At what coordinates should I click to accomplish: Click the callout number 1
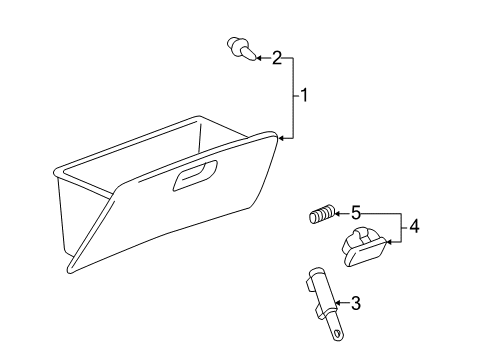pyautogui.click(x=306, y=96)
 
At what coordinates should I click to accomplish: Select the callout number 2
pyautogui.click(x=277, y=58)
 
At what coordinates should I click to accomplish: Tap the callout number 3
pyautogui.click(x=355, y=301)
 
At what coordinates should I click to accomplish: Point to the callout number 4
pyautogui.click(x=414, y=228)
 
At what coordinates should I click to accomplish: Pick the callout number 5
pyautogui.click(x=354, y=212)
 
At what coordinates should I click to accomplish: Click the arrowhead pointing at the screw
pyautogui.click(x=257, y=58)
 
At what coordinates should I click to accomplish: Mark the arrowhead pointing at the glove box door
pyautogui.click(x=283, y=138)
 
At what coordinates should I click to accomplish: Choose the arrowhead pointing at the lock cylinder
pyautogui.click(x=338, y=301)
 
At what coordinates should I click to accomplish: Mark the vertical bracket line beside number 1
pyautogui.click(x=292, y=97)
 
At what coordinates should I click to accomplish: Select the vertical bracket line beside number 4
pyautogui.click(x=401, y=227)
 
